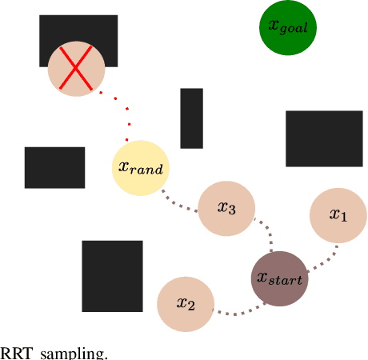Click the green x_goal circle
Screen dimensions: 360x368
(289, 27)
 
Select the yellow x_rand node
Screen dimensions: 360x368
(141, 167)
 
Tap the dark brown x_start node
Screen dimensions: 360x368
(279, 278)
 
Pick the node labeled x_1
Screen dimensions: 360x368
(338, 215)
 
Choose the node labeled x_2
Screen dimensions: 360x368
(186, 304)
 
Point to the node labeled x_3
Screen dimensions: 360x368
(226, 208)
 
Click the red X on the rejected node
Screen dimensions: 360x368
(76, 70)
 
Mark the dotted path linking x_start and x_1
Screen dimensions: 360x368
(324, 258)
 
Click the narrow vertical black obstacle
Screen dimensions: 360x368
(191, 118)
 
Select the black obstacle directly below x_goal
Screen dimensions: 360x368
(323, 138)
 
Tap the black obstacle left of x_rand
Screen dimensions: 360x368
(54, 167)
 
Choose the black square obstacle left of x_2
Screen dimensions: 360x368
(112, 276)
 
